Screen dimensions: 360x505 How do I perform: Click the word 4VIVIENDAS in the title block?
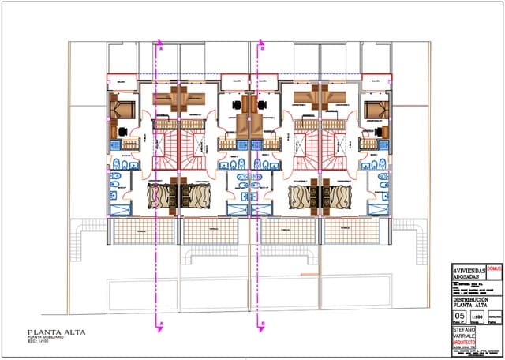coord(466,269)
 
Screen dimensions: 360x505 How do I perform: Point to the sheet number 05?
coord(461,316)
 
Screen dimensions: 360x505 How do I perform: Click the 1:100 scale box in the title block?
coord(477,317)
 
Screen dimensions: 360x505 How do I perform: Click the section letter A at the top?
coord(161,48)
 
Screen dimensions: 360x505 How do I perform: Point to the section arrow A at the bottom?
coord(161,324)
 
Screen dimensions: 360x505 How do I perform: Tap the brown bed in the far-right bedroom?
coord(374,107)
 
